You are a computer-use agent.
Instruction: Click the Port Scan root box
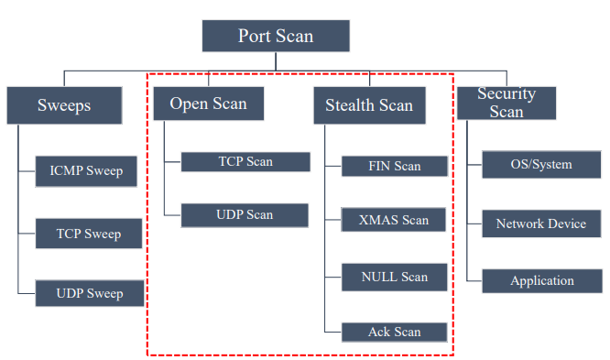(276, 36)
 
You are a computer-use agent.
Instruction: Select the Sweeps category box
(65, 105)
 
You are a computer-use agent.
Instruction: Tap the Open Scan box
(209, 104)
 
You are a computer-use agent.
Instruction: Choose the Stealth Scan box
(370, 105)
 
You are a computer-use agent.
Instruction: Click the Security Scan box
(507, 104)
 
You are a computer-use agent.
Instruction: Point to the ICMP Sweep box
(86, 171)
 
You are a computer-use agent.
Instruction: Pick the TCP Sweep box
(89, 234)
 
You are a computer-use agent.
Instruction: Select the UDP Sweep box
(90, 293)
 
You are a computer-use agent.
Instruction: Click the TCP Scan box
(245, 161)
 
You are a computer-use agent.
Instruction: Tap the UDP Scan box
(245, 215)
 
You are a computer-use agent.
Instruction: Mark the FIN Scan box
(395, 166)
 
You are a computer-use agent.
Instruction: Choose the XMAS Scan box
(393, 220)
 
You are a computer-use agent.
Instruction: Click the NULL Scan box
(395, 278)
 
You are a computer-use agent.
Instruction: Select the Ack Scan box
(395, 332)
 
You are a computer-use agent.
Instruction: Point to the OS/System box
(541, 165)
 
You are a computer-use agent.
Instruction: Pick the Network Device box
(541, 224)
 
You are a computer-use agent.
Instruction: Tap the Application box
(542, 281)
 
